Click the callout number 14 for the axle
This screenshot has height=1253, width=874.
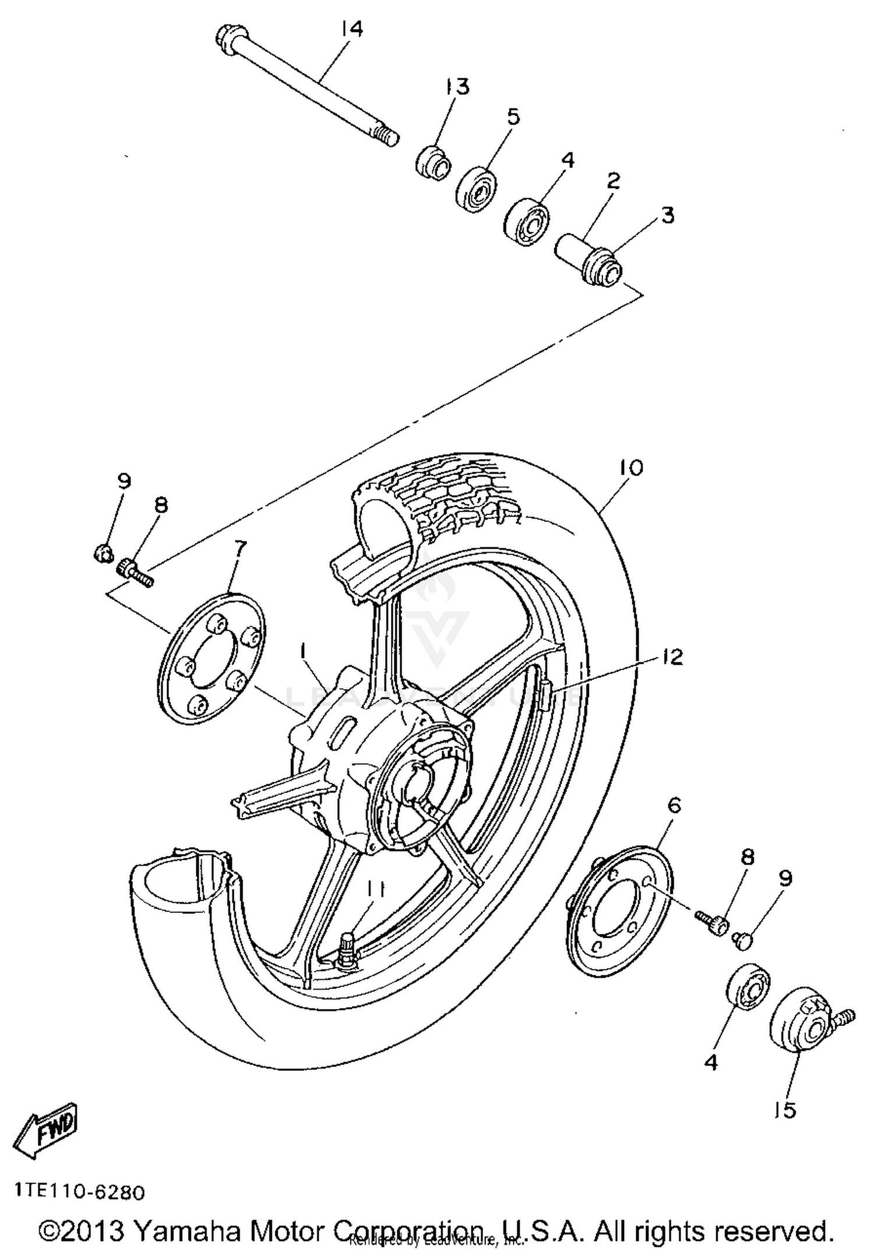351,29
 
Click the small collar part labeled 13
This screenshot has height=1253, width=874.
432,163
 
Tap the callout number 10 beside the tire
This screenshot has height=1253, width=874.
632,467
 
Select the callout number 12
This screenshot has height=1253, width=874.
672,657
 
